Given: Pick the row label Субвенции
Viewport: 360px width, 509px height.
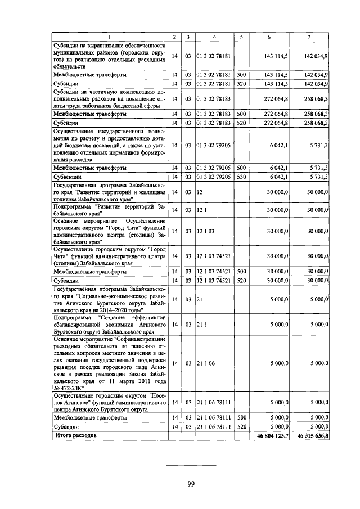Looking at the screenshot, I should tap(65, 177).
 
